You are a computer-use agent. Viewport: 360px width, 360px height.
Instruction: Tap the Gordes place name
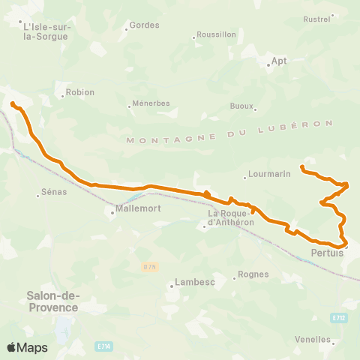[145, 25]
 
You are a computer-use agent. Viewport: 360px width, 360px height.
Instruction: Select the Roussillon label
[216, 35]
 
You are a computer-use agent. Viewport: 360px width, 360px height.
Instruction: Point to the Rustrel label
[316, 19]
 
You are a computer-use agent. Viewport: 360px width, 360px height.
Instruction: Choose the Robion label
[80, 92]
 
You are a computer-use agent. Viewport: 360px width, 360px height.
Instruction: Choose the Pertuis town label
[326, 253]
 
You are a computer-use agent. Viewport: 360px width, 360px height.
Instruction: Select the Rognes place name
[253, 274]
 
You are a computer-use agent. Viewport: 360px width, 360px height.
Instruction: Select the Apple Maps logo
[27, 347]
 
